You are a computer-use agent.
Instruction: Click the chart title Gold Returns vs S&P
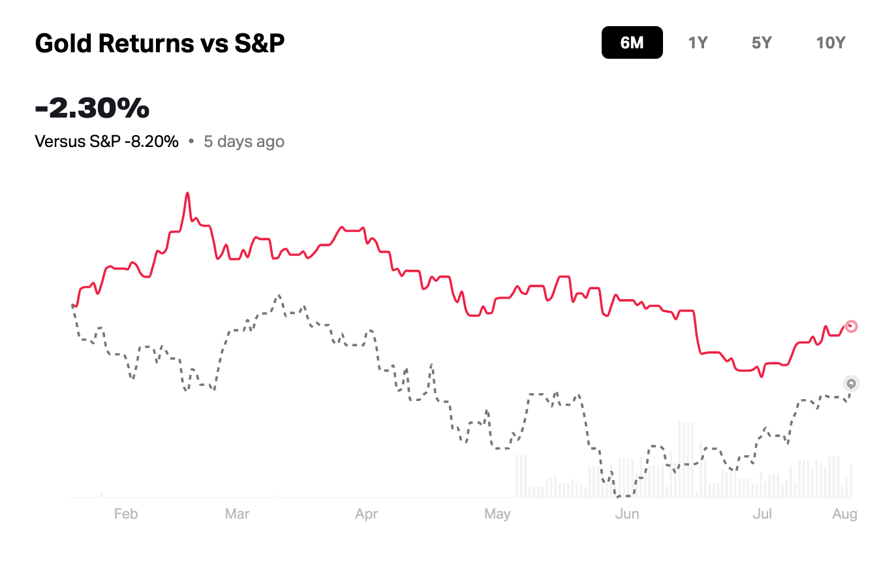pos(159,44)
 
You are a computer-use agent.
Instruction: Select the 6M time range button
pos(632,43)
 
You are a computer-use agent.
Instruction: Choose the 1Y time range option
pos(698,43)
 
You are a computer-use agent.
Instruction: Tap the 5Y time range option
pos(762,43)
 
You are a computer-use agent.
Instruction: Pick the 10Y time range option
pos(830,43)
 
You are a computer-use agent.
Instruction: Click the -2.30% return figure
pos(92,108)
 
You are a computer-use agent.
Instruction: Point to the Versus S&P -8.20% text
pos(106,142)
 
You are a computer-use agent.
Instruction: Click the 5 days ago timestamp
pos(244,142)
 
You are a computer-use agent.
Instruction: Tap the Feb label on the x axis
pos(126,514)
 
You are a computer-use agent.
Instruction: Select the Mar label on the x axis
pos(237,514)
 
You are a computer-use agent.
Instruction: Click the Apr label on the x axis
pos(367,514)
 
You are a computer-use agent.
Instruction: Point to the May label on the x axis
pos(497,514)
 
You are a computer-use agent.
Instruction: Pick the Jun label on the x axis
pos(627,514)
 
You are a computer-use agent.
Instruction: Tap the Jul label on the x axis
pos(762,514)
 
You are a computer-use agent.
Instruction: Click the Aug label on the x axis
pos(844,514)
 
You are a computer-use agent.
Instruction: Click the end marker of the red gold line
pos(851,326)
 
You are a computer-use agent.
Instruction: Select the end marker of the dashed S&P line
pos(851,383)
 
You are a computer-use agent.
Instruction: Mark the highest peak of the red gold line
pos(187,193)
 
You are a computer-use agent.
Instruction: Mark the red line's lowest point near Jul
pos(760,376)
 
